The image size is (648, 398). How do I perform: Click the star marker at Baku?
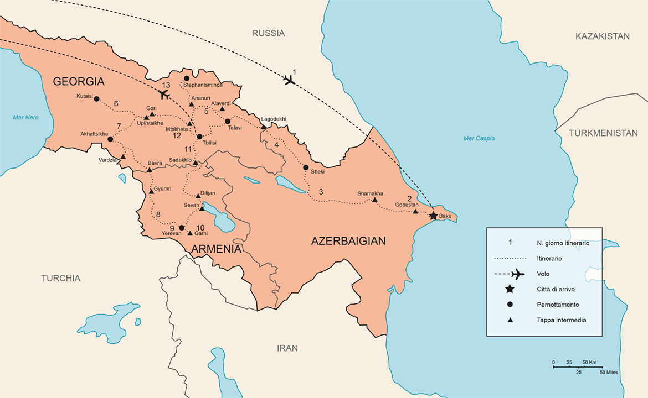[x=433, y=216]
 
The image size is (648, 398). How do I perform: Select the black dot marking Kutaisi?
[x=97, y=99]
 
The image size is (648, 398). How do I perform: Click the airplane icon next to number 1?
[x=288, y=81]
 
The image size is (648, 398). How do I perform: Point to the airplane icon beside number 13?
[x=163, y=94]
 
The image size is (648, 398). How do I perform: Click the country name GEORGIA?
[x=79, y=82]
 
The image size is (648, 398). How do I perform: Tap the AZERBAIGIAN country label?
[x=348, y=241]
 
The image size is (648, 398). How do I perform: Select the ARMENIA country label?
[x=217, y=249]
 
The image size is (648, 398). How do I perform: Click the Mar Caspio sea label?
[x=479, y=138]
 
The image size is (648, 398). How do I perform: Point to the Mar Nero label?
[x=25, y=117]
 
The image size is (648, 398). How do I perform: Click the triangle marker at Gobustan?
[x=415, y=211]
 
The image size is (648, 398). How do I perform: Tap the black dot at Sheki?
[x=305, y=167]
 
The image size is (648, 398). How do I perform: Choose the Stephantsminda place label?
[x=203, y=85]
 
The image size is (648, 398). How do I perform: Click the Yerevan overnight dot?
[x=181, y=227]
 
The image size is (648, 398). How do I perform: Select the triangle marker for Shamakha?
[x=374, y=200]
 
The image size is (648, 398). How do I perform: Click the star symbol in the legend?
[x=510, y=289]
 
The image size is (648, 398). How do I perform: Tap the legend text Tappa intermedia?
[x=561, y=320]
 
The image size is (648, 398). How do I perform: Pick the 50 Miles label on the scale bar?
[x=609, y=373]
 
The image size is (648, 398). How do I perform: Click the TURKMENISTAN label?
[x=603, y=133]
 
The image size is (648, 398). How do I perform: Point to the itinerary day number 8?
[x=158, y=215]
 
